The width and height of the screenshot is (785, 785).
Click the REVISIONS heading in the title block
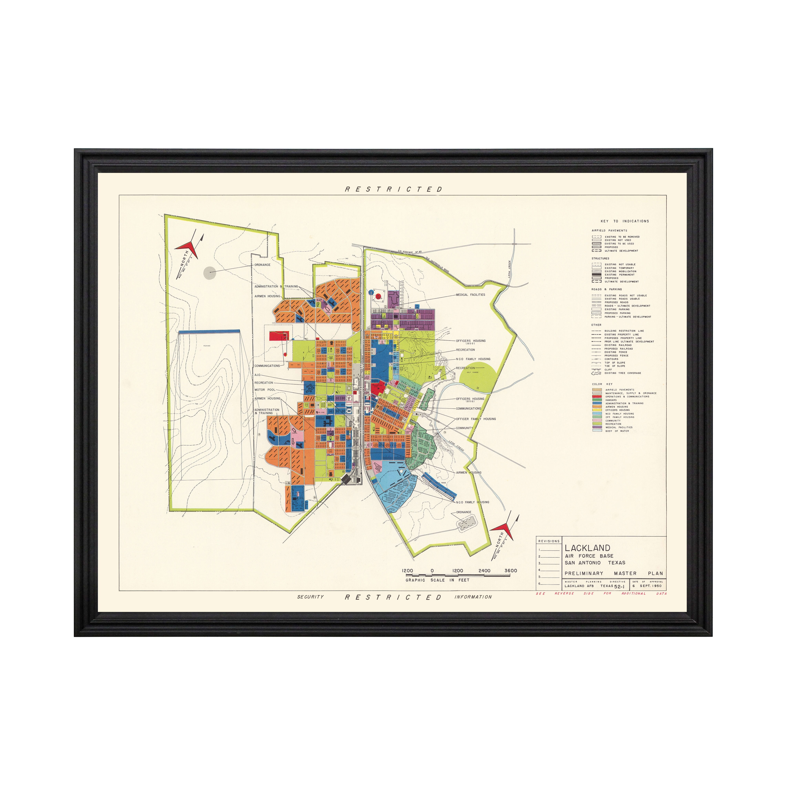[x=549, y=541]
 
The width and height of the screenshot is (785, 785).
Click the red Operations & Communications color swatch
[x=597, y=397]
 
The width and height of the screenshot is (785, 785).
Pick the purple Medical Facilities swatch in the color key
[x=597, y=427]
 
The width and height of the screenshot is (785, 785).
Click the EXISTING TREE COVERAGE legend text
[x=623, y=373]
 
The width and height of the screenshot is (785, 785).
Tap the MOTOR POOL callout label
[x=265, y=390]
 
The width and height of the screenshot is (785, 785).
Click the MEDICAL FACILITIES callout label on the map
[x=470, y=295]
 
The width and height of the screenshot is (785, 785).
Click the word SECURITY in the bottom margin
[x=310, y=597]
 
